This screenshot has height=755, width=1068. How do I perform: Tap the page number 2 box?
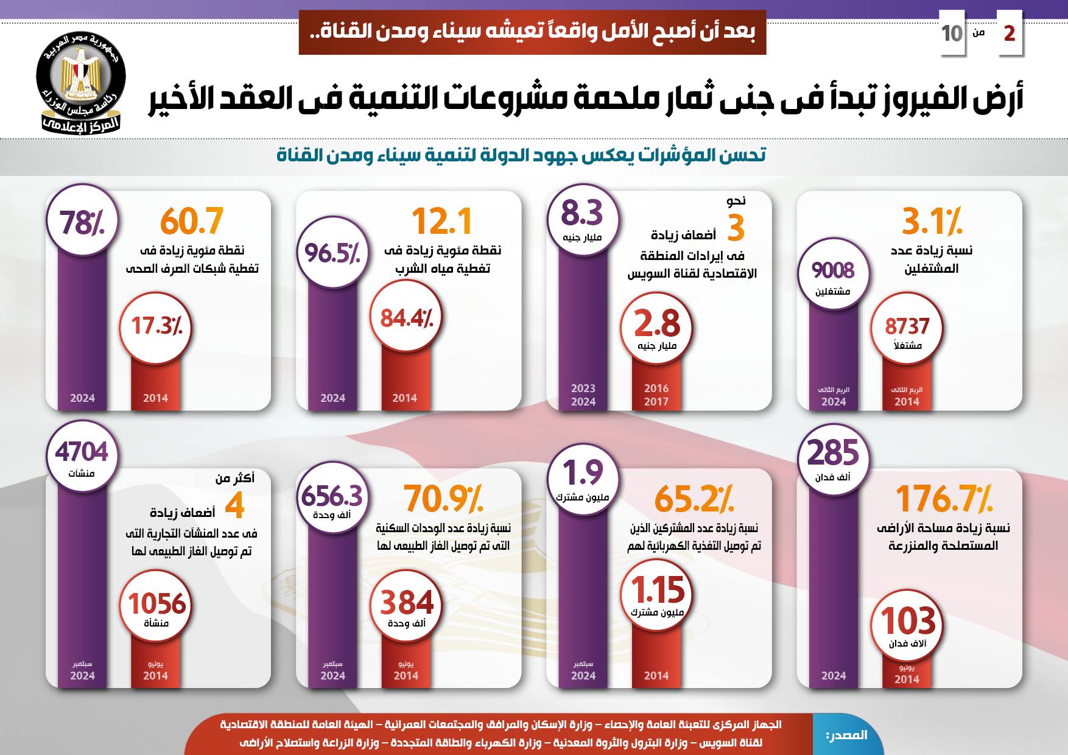pyautogui.click(x=1009, y=33)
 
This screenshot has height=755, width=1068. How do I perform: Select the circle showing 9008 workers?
pyautogui.click(x=833, y=275)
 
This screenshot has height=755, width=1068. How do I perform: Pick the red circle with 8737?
pyautogui.click(x=907, y=329)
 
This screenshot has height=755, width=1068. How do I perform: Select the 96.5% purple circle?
pyautogui.click(x=332, y=253)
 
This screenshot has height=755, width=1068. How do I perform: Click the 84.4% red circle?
pyautogui.click(x=406, y=318)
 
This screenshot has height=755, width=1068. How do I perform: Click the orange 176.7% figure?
pyautogui.click(x=944, y=499)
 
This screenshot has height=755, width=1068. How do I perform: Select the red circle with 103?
pyautogui.click(x=907, y=625)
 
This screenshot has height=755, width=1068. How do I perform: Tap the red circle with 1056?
pyautogui.click(x=156, y=608)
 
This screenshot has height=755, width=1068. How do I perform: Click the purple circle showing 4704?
pyautogui.click(x=82, y=457)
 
